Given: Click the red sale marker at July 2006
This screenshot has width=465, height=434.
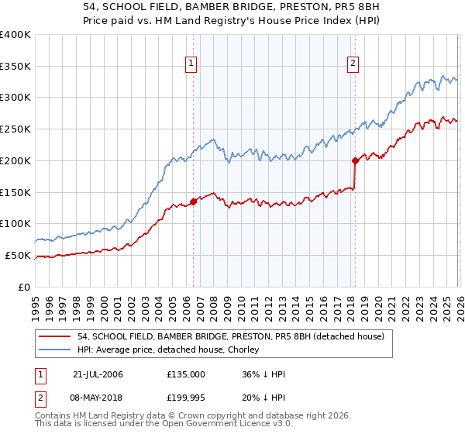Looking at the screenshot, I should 193,201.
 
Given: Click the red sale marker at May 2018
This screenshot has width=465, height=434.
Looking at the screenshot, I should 355,161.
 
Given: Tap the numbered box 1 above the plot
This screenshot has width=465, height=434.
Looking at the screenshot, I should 191,64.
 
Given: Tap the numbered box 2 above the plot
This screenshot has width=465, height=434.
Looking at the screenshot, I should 353,64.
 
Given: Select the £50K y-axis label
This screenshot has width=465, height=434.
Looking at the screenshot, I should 18,255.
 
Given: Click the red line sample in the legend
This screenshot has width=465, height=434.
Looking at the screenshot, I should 55,337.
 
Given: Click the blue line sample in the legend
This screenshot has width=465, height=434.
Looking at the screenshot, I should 55,350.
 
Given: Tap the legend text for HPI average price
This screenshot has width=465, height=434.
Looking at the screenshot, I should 170,350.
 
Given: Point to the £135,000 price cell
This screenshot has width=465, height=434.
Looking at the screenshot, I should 186,374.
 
